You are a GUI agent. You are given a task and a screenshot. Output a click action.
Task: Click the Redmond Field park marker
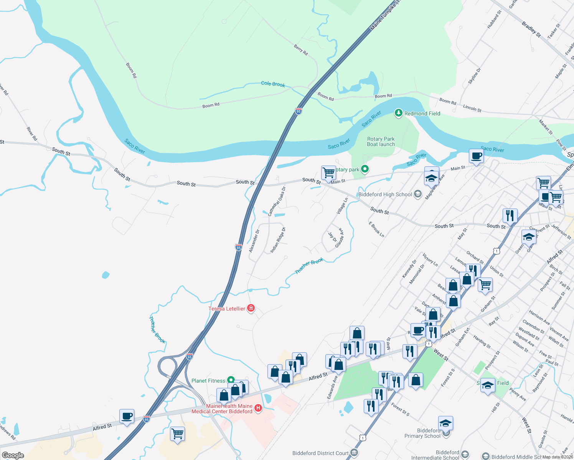pos(399,113)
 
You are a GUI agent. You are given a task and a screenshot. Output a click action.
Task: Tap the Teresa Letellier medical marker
pos(251,308)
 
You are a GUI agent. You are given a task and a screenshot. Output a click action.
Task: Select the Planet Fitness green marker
pos(231,380)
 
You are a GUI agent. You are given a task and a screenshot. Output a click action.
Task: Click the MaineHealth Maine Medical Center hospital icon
pos(258,408)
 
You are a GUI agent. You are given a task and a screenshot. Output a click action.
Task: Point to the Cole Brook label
pos(273,84)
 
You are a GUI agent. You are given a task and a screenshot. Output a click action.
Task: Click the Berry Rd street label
pos(301,50)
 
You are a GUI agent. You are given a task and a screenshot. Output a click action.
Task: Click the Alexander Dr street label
pos(254,241)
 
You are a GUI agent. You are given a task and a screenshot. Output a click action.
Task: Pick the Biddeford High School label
pos(385,194)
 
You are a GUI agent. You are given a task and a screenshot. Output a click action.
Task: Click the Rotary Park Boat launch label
pos(381,141)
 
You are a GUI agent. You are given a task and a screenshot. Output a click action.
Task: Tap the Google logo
pos(13,455)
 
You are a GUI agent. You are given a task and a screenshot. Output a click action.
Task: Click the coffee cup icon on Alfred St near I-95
pos(127,416)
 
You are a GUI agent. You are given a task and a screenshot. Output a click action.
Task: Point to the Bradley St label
pos(531,30)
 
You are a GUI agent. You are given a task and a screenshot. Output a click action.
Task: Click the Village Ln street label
pos(342,206)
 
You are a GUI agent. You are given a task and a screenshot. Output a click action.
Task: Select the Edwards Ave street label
pos(332,387)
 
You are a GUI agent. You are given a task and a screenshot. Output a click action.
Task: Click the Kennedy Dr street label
pos(409,269)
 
